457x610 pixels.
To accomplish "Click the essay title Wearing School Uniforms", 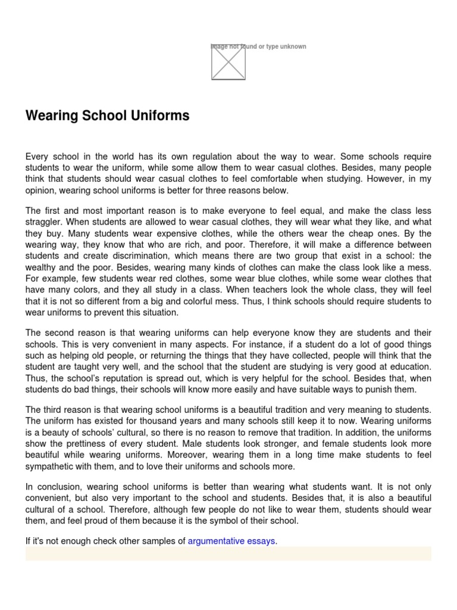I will pos(107,116).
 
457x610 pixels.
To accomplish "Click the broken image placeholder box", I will pos(228,62).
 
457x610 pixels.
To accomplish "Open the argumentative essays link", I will pos(231,541).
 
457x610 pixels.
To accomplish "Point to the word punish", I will pos(383,390).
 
